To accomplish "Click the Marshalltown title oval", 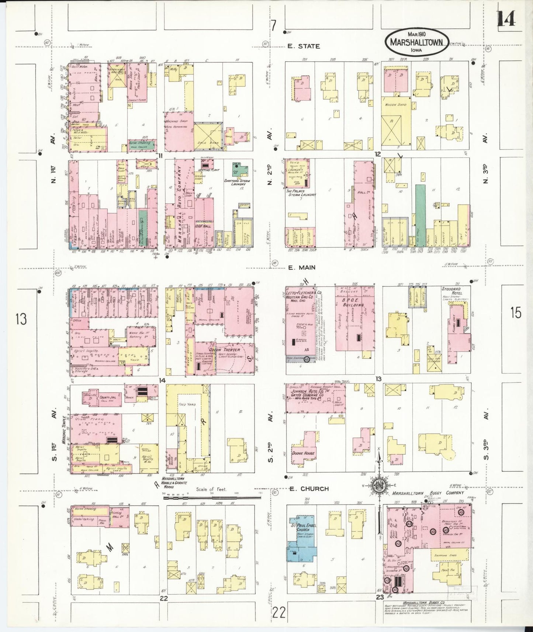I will click(x=417, y=42).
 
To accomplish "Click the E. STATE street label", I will click(x=304, y=46).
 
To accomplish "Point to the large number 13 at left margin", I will click(x=21, y=319).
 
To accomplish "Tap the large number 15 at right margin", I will click(x=516, y=313).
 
